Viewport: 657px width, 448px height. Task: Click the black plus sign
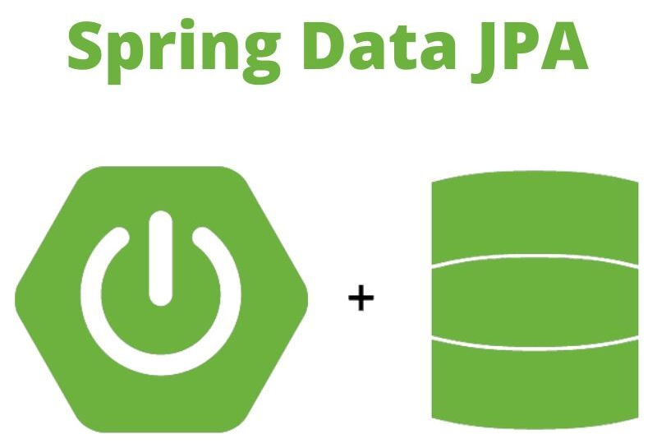[x=361, y=298]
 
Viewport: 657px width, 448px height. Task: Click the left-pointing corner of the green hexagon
[x=18, y=298]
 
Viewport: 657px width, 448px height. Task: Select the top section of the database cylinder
[x=534, y=218]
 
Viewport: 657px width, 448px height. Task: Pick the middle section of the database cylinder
[x=534, y=300]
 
